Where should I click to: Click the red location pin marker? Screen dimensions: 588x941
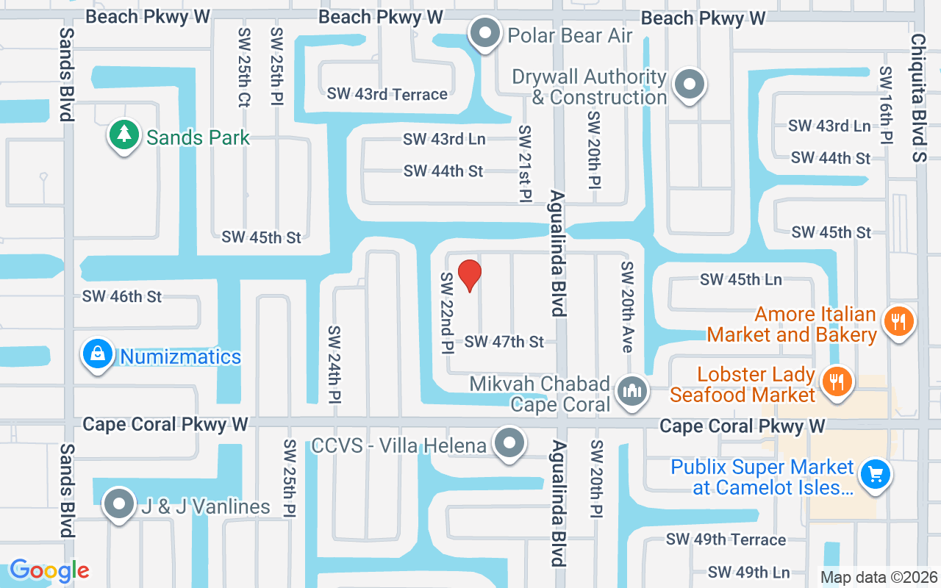pos(470,275)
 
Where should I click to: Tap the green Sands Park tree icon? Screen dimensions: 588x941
pos(124,135)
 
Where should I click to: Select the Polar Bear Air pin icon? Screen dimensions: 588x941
pos(484,34)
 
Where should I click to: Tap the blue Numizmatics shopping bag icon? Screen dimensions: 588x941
pos(97,355)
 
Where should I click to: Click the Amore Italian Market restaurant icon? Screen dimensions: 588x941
pos(897,321)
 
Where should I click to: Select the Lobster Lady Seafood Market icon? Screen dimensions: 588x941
pos(836,381)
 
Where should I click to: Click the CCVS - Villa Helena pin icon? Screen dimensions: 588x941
pos(509,444)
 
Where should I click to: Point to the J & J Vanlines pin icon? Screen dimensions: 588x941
pos(119,505)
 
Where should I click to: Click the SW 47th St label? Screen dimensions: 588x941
pos(504,342)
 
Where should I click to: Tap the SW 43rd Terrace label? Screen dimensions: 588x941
pos(387,94)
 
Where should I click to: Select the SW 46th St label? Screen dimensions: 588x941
pos(122,296)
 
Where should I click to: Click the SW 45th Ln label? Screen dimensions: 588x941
pos(741,279)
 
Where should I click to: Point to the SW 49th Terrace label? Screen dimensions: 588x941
pos(726,539)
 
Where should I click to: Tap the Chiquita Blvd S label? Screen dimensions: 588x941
pos(918,98)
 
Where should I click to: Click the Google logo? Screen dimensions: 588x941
pos(49,570)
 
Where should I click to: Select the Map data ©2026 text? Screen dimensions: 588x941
pos(879,578)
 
